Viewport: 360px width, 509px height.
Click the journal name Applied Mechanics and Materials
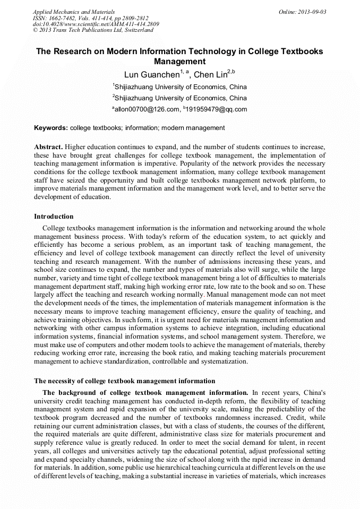(73, 11)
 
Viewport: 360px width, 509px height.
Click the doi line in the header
(95, 24)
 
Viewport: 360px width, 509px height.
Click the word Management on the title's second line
(179, 62)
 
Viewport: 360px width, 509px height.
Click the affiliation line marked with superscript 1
(179, 87)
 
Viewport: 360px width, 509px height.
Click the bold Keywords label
(51, 128)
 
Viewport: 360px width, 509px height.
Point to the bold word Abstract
(48, 146)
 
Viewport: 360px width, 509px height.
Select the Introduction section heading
(54, 217)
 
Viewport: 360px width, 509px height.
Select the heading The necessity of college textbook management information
(125, 381)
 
